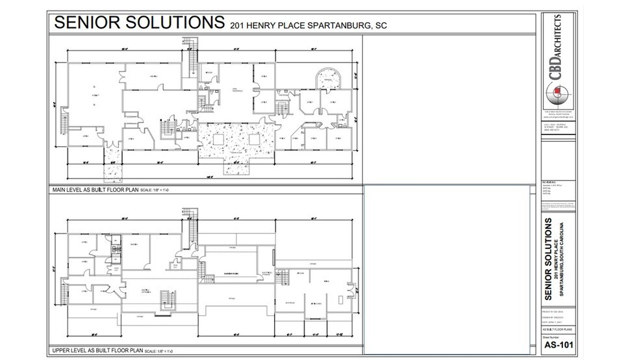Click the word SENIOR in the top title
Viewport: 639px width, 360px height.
(88, 23)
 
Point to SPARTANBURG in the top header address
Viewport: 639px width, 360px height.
(320, 26)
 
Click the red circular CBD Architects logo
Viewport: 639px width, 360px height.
(557, 96)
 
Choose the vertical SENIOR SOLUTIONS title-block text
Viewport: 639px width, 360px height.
(550, 260)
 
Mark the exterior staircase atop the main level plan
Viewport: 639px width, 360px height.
(191, 55)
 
